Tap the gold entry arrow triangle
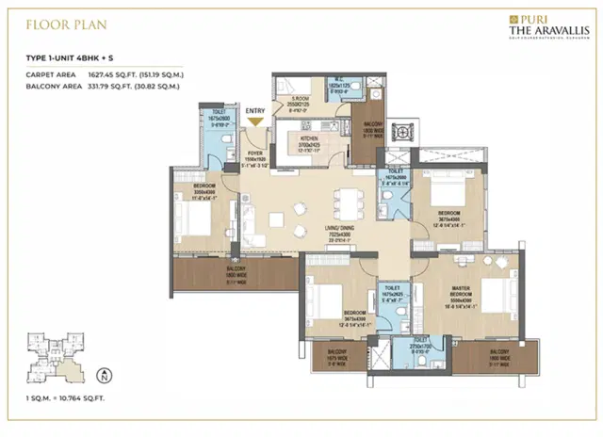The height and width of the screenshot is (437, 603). (x=255, y=121)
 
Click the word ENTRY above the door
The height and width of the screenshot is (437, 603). (x=255, y=111)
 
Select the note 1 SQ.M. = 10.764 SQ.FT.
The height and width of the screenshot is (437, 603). (x=69, y=402)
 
